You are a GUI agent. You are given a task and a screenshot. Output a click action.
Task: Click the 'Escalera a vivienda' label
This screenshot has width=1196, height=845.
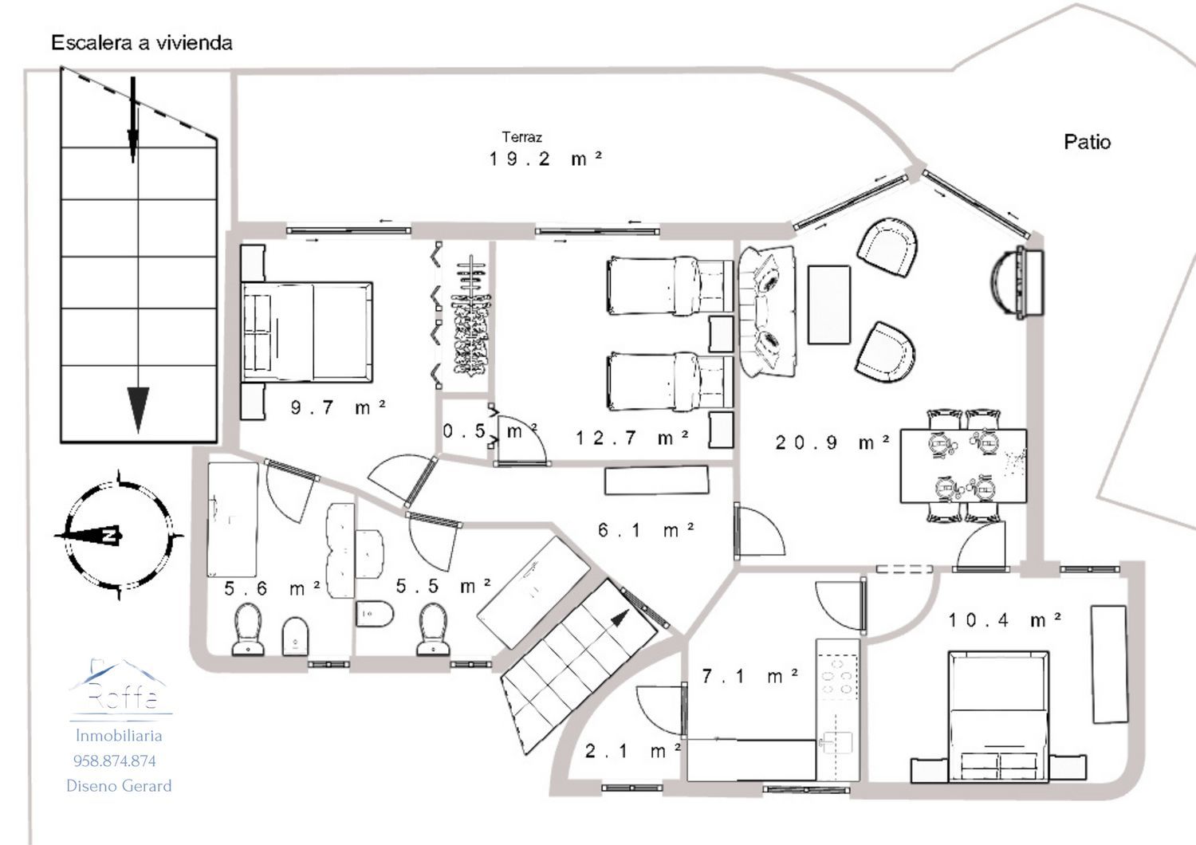141,43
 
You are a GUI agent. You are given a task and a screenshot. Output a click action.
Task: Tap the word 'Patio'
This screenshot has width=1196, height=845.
1087,142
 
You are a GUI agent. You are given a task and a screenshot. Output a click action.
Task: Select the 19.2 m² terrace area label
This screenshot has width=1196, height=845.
545,159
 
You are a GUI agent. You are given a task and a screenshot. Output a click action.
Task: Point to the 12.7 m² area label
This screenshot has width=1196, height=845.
632,438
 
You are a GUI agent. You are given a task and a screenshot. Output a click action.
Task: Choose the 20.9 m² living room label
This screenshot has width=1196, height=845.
832,442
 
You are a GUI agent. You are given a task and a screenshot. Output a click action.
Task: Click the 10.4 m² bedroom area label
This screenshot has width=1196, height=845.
1005,619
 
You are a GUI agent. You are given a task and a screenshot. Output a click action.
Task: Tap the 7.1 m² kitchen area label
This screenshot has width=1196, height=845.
749,676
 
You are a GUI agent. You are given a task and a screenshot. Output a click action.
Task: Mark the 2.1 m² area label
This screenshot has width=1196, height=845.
633,751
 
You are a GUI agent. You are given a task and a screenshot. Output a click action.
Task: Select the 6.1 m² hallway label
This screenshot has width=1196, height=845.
646,530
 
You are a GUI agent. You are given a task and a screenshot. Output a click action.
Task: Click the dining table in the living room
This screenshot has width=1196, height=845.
963,466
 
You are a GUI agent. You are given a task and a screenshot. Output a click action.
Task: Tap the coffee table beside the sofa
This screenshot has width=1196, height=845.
828,305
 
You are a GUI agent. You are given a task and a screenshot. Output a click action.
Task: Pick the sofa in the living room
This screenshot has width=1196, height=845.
767,312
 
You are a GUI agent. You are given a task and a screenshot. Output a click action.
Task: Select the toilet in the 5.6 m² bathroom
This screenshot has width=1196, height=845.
248,629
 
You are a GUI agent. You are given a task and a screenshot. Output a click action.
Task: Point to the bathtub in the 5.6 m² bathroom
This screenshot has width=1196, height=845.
233,520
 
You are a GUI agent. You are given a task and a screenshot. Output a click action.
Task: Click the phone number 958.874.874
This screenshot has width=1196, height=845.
115,760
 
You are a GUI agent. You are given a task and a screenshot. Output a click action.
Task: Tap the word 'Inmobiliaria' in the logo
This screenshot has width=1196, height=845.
119,736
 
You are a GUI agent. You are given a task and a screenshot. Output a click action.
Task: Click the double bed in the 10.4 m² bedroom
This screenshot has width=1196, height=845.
998,717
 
